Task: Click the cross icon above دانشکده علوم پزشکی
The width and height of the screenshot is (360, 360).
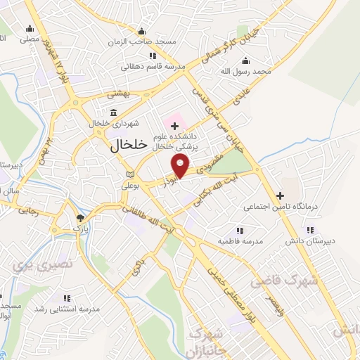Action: coord(174,125)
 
